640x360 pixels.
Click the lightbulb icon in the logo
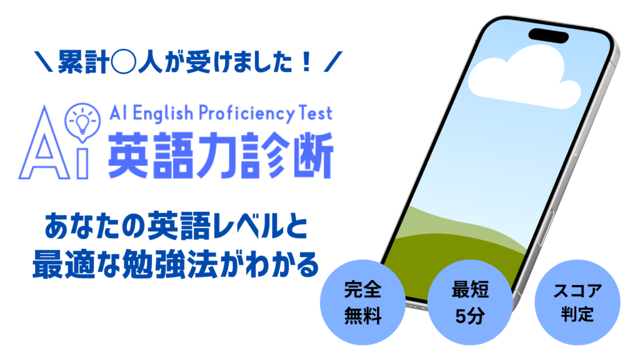coord(82,122)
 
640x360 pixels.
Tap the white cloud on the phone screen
coord(524,78)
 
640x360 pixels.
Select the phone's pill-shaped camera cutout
coord(549,35)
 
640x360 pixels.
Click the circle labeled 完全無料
coord(362,302)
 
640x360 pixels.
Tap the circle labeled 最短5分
coord(470,302)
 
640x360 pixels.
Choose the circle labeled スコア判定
coord(577,302)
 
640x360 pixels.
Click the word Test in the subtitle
coord(316,113)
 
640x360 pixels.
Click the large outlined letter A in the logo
coord(44,143)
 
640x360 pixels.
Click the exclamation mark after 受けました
coord(305,62)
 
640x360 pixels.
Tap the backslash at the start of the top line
coord(44,62)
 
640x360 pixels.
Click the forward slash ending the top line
coord(333,62)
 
